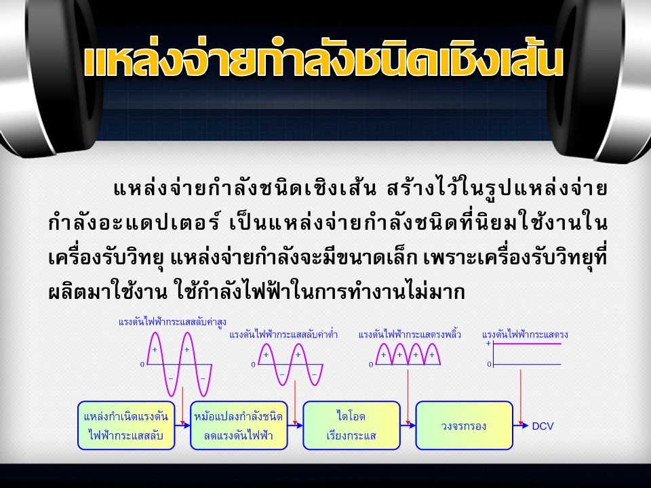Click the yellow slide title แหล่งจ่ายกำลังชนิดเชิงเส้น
point(323,62)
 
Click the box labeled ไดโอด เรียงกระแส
point(352,426)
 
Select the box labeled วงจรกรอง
point(464,426)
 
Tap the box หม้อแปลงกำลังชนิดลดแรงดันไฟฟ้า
point(239,426)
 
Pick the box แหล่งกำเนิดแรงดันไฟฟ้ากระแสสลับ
point(126,426)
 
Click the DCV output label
point(542,426)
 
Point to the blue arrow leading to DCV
point(521,426)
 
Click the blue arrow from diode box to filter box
point(408,426)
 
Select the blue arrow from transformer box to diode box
point(295,426)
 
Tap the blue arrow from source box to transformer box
point(182,426)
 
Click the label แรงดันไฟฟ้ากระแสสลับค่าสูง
point(172,322)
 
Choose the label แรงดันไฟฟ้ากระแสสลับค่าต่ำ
point(283,334)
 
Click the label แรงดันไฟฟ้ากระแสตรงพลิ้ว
point(410,334)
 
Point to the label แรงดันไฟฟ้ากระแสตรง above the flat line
point(525,334)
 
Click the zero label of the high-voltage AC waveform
point(142,365)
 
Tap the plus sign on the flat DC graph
point(488,344)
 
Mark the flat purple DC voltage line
point(527,344)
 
